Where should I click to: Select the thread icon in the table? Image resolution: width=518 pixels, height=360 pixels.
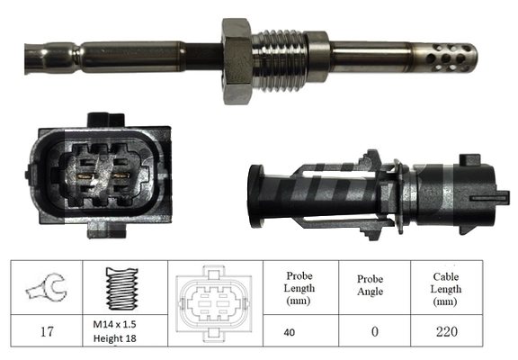click(x=124, y=289)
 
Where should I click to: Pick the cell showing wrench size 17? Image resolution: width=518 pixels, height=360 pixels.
click(x=45, y=331)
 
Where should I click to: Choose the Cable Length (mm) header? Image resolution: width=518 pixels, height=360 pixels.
click(x=445, y=289)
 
